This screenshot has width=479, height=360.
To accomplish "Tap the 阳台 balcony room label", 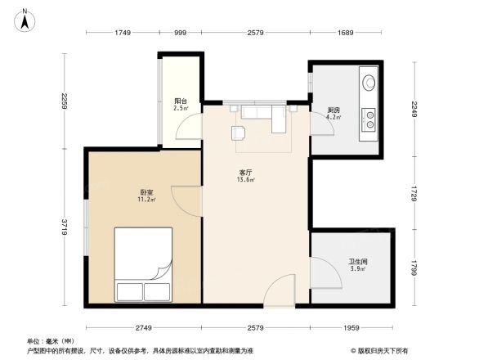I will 180,101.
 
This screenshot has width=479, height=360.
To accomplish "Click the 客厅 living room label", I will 244,172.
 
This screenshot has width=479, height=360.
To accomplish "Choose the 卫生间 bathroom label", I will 335,262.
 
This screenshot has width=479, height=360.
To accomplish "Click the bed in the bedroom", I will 143,264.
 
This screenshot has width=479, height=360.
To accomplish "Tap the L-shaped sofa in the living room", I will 262,116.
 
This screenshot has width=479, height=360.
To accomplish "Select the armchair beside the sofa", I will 239,133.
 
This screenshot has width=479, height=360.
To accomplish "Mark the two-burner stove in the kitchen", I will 369,120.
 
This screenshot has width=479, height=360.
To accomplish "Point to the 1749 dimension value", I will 123,33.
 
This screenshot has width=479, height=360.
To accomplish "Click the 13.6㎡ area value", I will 245,180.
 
